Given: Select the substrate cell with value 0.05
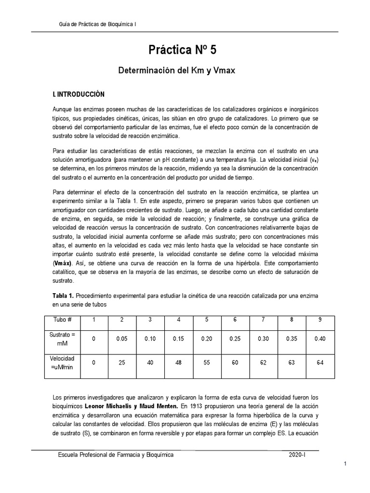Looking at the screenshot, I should coord(122,338).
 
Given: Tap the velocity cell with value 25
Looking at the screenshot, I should coord(122,362).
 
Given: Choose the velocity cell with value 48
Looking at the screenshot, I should coord(179,362).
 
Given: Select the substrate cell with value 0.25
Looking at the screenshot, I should coord(235,338).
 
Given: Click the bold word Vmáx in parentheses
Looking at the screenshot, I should coord(63,263).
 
